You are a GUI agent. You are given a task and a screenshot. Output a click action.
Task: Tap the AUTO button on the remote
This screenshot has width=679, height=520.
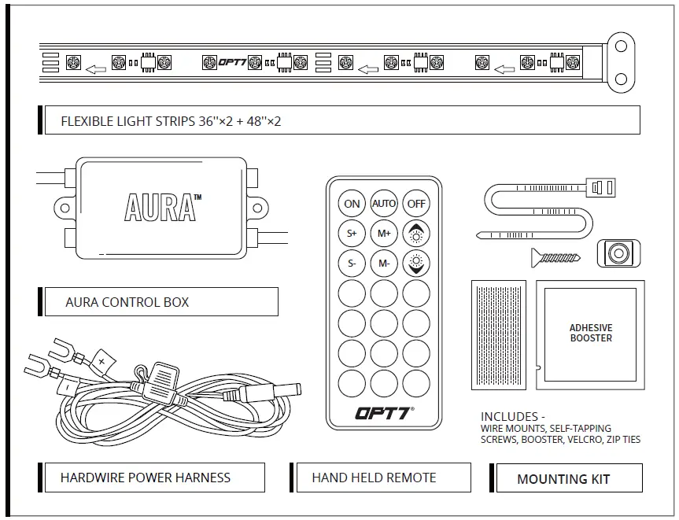(x=384, y=203)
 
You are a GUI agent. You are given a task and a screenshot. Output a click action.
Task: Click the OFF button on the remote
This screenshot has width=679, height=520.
(x=416, y=203)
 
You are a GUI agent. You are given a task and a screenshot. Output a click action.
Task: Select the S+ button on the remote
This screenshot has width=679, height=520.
(x=352, y=233)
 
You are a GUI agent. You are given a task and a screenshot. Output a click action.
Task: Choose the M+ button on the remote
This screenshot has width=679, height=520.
(x=384, y=233)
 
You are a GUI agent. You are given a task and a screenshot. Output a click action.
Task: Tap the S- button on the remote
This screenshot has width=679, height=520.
(x=352, y=264)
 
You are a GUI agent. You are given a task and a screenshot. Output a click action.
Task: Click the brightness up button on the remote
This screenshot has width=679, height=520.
(x=416, y=233)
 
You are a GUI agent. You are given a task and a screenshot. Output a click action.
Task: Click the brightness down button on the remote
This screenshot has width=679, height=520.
(x=416, y=264)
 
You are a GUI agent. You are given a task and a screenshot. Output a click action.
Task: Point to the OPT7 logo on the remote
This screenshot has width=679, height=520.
(x=384, y=412)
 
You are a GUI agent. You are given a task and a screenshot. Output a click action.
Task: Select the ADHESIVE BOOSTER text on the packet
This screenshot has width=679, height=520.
(x=591, y=333)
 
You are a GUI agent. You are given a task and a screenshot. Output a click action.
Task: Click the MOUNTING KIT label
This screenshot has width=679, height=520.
(x=563, y=478)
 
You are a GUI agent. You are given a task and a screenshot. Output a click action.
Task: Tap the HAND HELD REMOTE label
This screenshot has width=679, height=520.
(x=374, y=478)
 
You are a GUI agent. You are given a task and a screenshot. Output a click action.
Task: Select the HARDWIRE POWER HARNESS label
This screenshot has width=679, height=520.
(x=146, y=478)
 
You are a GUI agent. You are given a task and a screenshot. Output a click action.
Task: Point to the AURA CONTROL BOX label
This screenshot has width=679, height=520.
(x=127, y=302)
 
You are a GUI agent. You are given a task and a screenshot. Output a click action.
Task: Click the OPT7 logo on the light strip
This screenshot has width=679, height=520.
(x=232, y=62)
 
